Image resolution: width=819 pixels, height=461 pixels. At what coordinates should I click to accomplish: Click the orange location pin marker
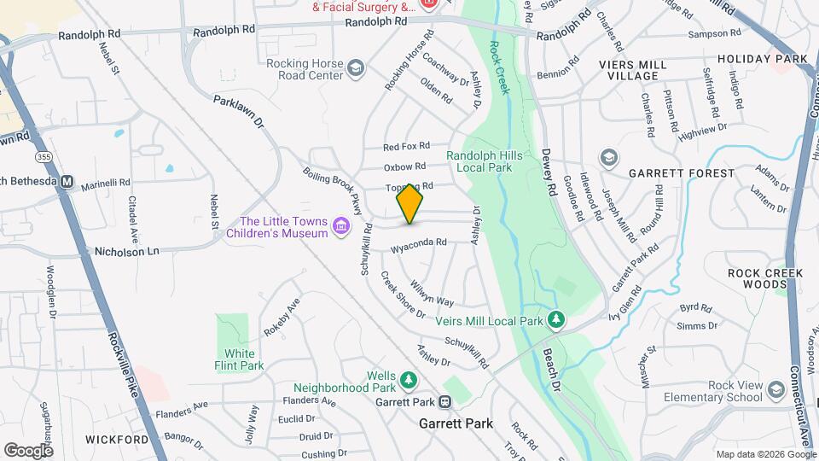tap(409, 204)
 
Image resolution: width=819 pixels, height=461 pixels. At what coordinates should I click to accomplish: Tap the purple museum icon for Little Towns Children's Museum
tap(341, 225)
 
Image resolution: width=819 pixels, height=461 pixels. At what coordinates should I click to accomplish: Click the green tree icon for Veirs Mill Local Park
tap(556, 320)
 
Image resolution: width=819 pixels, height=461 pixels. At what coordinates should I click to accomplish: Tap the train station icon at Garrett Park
tap(445, 401)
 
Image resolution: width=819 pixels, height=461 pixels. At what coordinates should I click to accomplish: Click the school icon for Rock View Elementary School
tap(775, 390)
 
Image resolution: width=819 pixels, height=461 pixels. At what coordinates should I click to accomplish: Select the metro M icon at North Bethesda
tap(67, 182)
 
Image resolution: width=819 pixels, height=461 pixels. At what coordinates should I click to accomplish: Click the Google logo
tap(28, 450)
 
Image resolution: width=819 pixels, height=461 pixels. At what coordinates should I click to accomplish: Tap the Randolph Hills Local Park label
tap(484, 162)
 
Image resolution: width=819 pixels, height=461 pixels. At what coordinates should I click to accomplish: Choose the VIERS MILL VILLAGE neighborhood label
tap(640, 69)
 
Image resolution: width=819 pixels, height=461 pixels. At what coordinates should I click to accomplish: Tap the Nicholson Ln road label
tap(126, 252)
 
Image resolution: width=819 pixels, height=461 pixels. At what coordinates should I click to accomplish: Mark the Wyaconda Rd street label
tap(419, 245)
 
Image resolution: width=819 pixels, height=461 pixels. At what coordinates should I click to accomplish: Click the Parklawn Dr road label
tap(239, 112)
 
